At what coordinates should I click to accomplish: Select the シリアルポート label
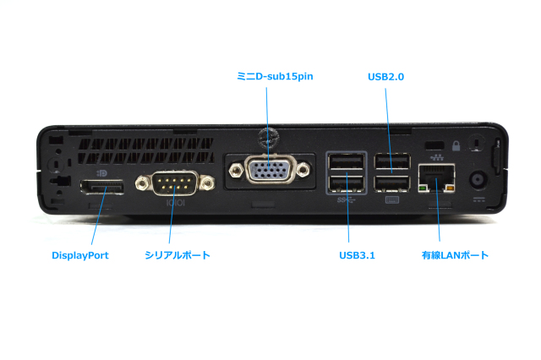177,254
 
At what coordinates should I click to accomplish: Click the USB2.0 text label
385,76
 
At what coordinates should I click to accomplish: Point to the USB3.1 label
356,254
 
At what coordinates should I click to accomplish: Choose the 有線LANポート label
455,254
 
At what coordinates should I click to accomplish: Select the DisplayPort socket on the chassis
102,186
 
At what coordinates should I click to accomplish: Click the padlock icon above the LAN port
456,145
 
